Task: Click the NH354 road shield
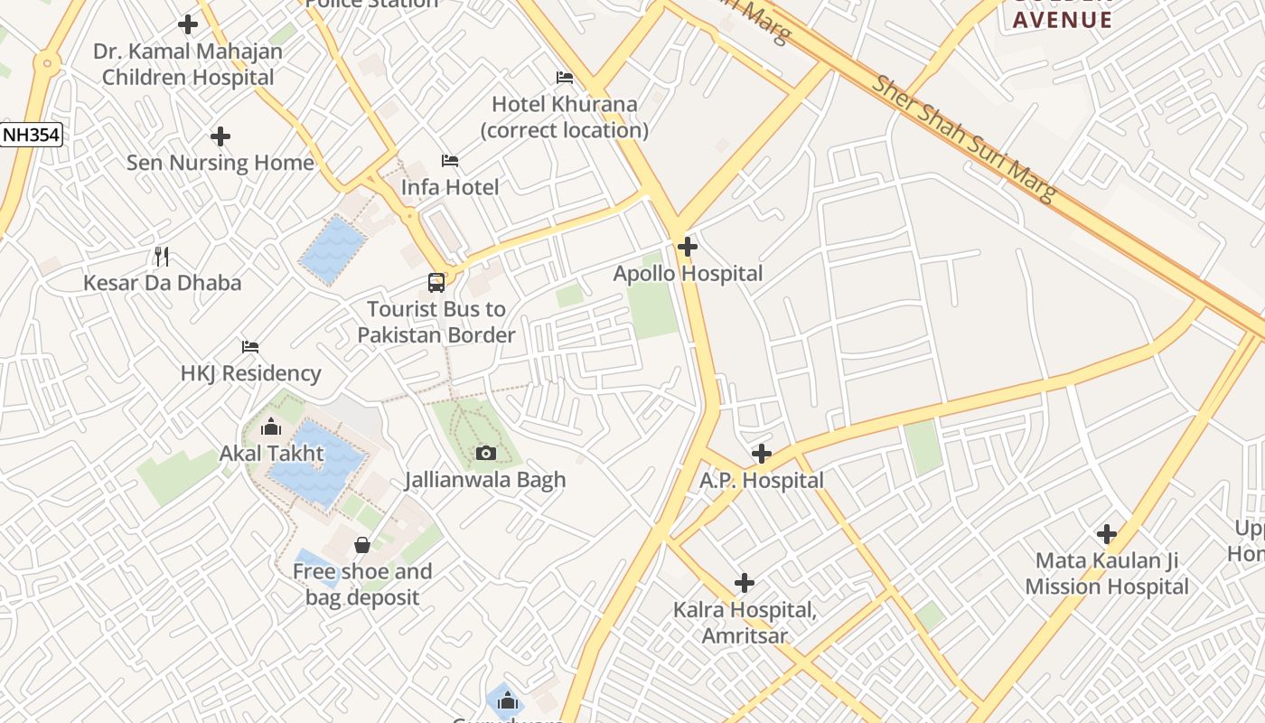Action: coord(31,136)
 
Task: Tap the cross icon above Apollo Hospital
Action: coord(688,246)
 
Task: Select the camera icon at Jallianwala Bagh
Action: coord(486,453)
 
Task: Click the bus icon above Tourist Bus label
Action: coord(436,283)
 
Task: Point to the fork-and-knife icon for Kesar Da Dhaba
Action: coord(162,257)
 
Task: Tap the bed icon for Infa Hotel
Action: coord(450,161)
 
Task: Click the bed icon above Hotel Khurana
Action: coord(565,78)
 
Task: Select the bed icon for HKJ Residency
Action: coord(250,347)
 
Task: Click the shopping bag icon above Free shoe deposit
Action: coord(362,545)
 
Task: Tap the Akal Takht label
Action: coord(272,453)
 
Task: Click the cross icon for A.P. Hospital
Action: coord(762,453)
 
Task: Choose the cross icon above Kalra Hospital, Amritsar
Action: coord(745,583)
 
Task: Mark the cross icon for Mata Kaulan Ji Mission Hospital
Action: coord(1106,534)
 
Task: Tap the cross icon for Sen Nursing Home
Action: coord(220,136)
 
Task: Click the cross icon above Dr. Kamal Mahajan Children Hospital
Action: coord(188,24)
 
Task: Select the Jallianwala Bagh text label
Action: coord(485,480)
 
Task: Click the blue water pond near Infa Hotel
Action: coord(333,249)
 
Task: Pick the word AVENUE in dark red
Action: coord(1062,20)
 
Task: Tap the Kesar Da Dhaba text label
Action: coord(163,283)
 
